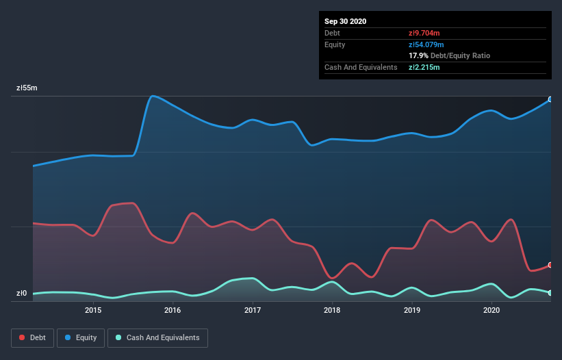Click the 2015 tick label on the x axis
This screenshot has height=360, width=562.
pos(93,310)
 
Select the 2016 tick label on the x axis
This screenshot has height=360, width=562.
pos(173,310)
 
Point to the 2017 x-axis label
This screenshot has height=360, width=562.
pos(253,310)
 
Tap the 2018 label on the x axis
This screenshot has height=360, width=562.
pos(332,310)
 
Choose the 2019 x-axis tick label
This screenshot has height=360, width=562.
pos(412,310)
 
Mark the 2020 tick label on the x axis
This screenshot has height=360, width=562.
pos(491,310)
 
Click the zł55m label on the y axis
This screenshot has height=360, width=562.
pos(27,88)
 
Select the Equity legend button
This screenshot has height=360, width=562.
pos(81,337)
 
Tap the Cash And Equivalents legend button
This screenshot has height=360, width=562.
pos(157,337)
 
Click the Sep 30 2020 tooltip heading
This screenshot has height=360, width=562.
pos(345,21)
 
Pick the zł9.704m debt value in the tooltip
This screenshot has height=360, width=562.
pos(424,33)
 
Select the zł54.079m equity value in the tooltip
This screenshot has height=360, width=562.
pos(426,44)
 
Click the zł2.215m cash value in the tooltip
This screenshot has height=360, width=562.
pos(424,67)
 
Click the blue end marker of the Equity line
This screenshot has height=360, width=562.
pos(550,99)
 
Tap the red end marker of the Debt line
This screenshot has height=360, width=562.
pos(550,265)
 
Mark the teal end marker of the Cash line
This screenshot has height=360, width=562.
pos(550,293)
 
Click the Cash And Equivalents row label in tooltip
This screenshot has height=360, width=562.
pos(361,67)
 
